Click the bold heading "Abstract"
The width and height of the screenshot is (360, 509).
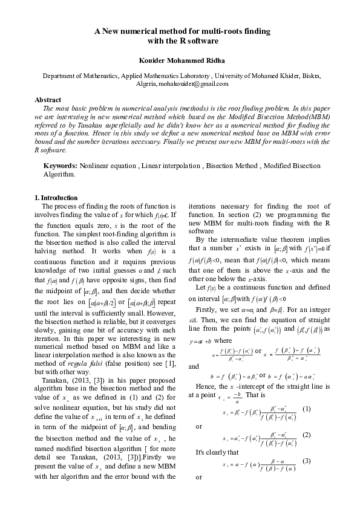(x=48, y=99)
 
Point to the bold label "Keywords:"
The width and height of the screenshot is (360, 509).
(x=61, y=166)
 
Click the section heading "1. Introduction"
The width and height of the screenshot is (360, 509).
(x=56, y=198)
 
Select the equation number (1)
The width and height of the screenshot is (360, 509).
(x=306, y=409)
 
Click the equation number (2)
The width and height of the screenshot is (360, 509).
(x=306, y=435)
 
